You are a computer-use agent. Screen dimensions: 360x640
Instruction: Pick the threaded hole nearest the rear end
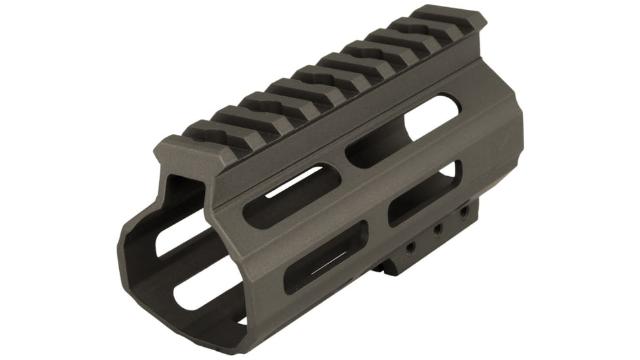pyautogui.click(x=463, y=211)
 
